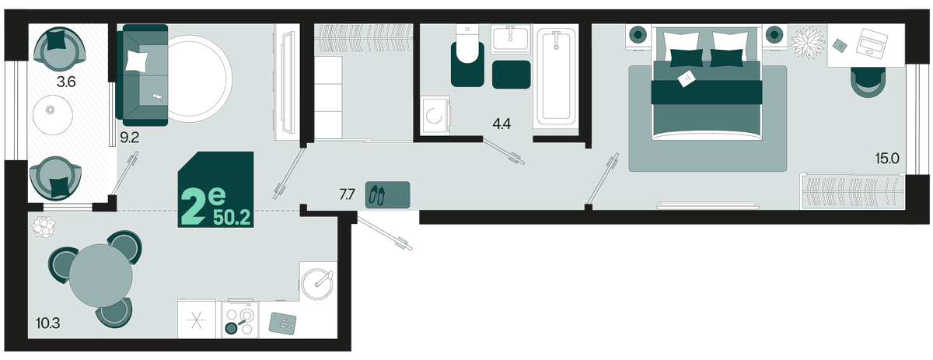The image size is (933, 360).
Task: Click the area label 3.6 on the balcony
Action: point(66,82)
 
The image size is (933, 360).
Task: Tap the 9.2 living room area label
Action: point(129,138)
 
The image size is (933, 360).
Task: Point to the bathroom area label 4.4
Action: point(501,124)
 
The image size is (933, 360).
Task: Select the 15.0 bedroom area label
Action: point(887,159)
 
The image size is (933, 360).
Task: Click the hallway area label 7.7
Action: point(347,194)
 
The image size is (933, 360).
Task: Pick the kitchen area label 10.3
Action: point(48,323)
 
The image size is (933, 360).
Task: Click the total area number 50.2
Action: point(232,217)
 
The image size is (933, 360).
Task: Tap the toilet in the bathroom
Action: point(467,55)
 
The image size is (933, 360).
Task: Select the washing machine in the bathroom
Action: point(435,116)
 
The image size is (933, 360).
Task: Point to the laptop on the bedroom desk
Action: point(872,43)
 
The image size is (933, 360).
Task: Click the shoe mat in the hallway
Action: point(388,194)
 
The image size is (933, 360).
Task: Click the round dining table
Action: point(101,276)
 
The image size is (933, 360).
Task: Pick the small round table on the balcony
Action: point(53,114)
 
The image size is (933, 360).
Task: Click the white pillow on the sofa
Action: point(136,61)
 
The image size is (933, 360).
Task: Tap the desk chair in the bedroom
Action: point(868,82)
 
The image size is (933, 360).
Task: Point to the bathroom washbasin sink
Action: point(511,39)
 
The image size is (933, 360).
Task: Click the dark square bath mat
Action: point(511,75)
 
